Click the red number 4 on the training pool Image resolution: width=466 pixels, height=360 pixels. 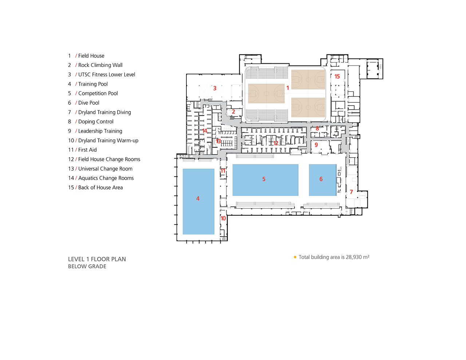(x=198, y=198)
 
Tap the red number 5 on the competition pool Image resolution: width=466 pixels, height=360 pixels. (x=264, y=179)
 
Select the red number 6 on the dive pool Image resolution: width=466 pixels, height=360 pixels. (x=321, y=179)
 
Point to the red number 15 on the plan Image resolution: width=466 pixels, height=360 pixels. (x=337, y=76)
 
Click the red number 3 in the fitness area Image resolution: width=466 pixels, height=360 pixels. (x=215, y=88)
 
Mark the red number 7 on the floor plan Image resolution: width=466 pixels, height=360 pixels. (x=351, y=192)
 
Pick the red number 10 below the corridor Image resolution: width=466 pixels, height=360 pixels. (x=223, y=218)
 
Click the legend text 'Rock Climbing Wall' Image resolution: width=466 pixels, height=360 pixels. (x=100, y=65)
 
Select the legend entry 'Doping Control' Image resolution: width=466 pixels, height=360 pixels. (x=96, y=122)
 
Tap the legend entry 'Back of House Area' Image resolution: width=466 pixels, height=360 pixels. (x=100, y=187)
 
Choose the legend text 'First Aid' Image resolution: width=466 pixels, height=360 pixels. (x=87, y=150)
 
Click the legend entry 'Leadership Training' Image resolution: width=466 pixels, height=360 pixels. (x=100, y=131)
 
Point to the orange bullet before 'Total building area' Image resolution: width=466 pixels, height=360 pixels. (x=295, y=257)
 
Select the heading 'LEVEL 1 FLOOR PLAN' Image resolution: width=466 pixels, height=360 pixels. (x=97, y=259)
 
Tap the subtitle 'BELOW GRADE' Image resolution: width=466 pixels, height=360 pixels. (x=87, y=266)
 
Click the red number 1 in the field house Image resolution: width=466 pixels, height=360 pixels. (x=288, y=88)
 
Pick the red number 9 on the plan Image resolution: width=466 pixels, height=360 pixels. (x=316, y=145)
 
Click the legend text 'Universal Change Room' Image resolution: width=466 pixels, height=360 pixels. (x=105, y=169)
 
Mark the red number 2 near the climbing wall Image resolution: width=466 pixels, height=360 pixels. (x=233, y=112)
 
